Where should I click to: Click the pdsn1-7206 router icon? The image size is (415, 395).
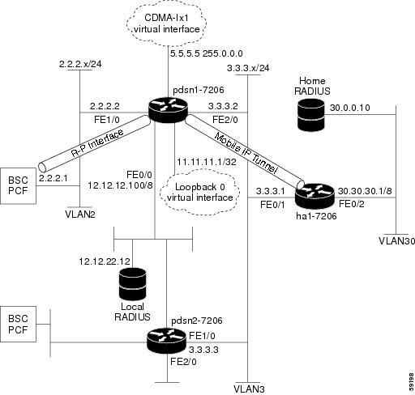click(168, 110)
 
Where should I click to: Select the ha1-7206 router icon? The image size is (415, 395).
click(315, 196)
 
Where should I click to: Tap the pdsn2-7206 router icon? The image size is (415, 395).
click(167, 341)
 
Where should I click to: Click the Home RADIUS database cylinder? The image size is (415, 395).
click(310, 115)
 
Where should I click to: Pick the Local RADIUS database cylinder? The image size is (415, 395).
click(132, 284)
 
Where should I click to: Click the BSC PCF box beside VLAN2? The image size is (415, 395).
click(18, 185)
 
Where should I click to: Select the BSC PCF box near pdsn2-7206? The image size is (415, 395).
click(18, 324)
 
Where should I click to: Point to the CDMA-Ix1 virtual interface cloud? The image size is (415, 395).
click(167, 23)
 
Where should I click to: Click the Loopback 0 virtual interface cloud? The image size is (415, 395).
click(200, 192)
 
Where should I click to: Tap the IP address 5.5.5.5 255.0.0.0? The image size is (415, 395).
click(207, 53)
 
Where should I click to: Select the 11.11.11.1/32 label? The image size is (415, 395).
click(207, 162)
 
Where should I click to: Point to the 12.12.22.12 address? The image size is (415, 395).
click(105, 261)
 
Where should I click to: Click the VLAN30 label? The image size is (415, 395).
click(396, 241)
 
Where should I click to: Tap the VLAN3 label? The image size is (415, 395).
click(249, 389)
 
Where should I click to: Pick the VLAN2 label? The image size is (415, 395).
click(80, 214)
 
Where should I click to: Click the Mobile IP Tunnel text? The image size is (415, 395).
click(246, 153)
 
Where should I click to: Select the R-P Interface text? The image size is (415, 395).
click(97, 143)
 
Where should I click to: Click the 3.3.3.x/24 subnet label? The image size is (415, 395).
click(248, 68)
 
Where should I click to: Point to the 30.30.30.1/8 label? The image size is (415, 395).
click(365, 191)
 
